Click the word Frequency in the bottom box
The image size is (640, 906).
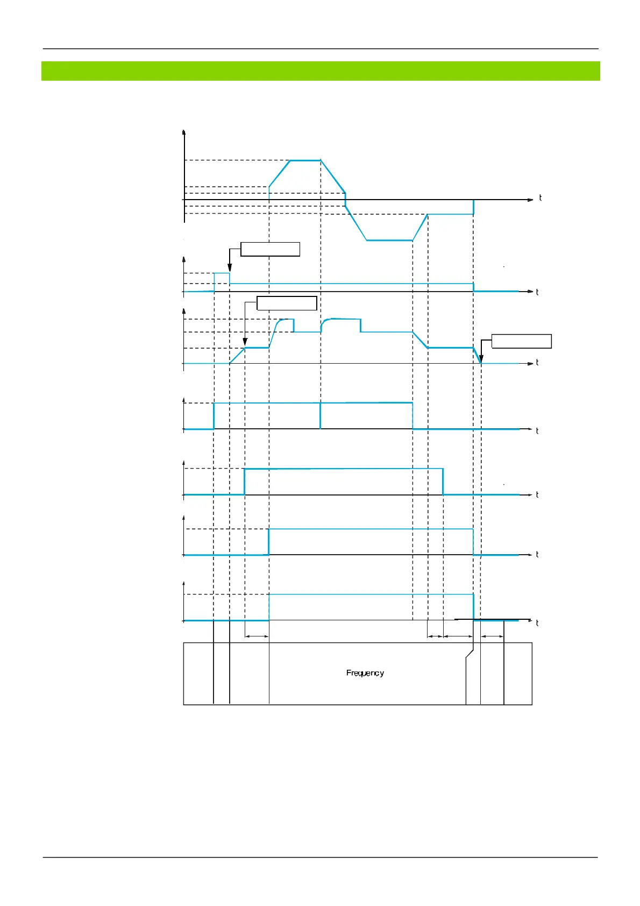365,673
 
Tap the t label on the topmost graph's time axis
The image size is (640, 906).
540,198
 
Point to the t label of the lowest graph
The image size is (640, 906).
537,623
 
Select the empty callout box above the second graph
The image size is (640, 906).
270,249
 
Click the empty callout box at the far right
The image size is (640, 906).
521,341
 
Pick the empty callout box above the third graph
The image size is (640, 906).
287,303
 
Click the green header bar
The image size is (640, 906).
321,71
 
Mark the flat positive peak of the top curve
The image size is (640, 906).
305,160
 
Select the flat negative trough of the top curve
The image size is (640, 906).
389,240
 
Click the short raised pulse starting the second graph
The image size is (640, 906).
222,273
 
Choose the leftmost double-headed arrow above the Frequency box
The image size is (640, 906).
257,636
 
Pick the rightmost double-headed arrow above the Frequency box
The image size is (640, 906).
492,636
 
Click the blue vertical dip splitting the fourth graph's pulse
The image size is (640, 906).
321,416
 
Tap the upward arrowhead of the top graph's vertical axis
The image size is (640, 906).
184,132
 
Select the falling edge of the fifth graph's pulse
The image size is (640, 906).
443,482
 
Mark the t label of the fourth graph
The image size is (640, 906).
537,431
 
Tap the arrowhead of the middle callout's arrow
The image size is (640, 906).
245,343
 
